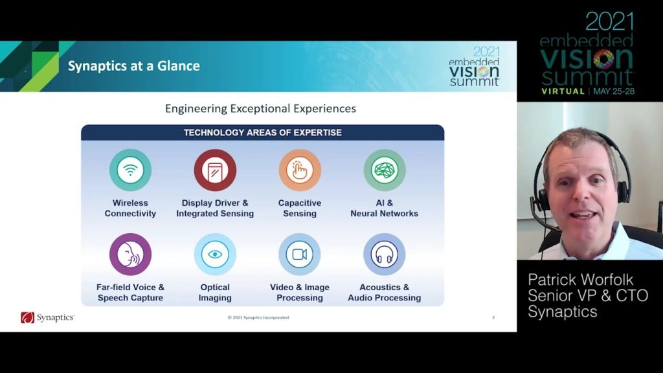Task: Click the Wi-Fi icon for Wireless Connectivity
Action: (130, 170)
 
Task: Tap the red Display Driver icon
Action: (215, 170)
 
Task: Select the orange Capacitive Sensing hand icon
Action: (300, 170)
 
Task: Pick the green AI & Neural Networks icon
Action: (385, 170)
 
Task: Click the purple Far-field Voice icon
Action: (130, 254)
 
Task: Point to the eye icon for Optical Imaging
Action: (215, 254)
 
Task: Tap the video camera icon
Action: (300, 254)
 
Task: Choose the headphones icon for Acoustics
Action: (385, 254)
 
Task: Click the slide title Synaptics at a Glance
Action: (134, 66)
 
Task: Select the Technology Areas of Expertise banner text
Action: (263, 132)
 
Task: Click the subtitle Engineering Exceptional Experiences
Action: (260, 109)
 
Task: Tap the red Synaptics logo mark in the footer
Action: (27, 317)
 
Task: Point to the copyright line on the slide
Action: (258, 317)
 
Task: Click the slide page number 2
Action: (493, 317)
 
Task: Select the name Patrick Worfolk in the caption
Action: (581, 280)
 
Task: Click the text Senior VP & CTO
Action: (588, 295)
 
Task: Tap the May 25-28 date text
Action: (614, 91)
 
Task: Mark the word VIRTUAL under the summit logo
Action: (563, 91)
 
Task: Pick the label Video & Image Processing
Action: (300, 292)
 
